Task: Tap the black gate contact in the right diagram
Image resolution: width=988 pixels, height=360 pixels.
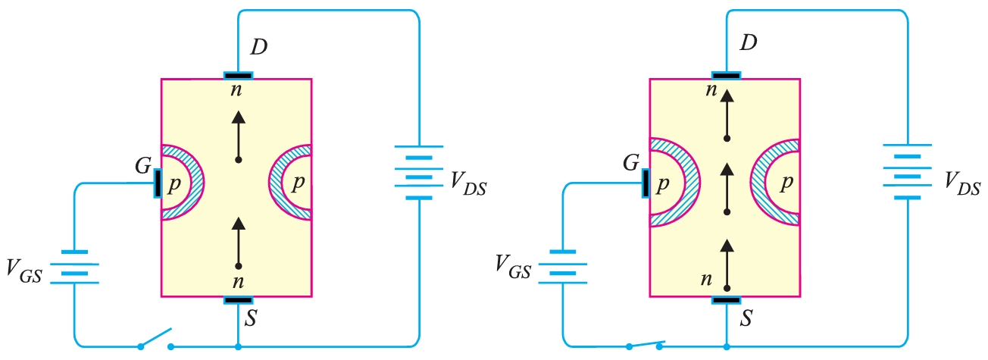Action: click(645, 183)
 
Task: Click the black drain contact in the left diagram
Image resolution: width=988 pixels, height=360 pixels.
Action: click(238, 76)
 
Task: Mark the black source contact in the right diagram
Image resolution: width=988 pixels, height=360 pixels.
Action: click(727, 299)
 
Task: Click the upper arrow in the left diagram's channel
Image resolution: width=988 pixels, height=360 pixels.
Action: click(239, 136)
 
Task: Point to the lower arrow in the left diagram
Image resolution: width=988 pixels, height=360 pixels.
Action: click(239, 242)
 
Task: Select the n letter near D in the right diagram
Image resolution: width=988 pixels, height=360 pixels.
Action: click(710, 90)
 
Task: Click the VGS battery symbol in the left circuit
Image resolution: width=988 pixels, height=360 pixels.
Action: click(74, 267)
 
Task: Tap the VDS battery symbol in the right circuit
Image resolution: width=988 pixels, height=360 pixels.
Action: click(907, 171)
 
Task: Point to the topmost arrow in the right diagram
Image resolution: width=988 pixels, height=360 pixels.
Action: click(727, 114)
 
